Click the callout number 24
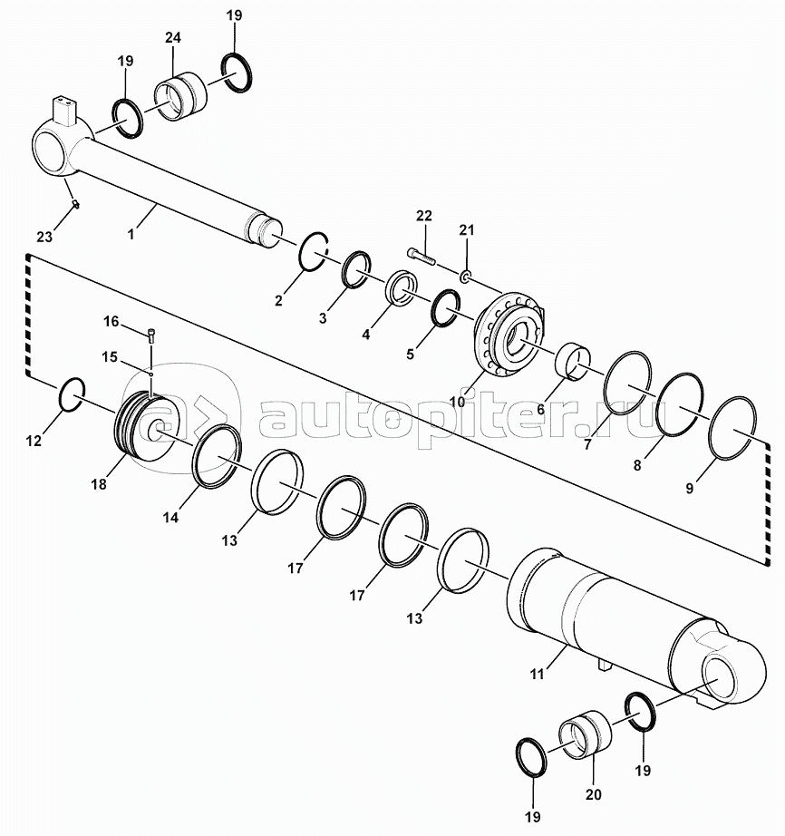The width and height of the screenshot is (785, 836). [x=172, y=38]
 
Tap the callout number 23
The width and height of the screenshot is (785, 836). [x=44, y=236]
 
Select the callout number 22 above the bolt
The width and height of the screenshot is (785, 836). [x=423, y=216]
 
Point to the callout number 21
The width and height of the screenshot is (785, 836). [x=466, y=230]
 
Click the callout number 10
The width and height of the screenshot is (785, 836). [x=458, y=402]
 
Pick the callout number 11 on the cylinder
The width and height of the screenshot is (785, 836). [x=537, y=674]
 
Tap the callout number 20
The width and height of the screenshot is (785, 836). [x=593, y=794]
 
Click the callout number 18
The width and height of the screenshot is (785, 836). [x=99, y=484]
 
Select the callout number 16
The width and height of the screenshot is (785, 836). [x=111, y=322]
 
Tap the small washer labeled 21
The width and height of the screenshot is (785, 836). [x=465, y=277]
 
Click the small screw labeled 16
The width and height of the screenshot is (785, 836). [x=151, y=335]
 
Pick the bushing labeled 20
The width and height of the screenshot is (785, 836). [x=585, y=734]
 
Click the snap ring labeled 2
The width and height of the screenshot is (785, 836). [x=314, y=252]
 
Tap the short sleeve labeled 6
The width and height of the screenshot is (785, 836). [x=573, y=363]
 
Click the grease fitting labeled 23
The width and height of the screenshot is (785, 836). [x=75, y=204]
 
